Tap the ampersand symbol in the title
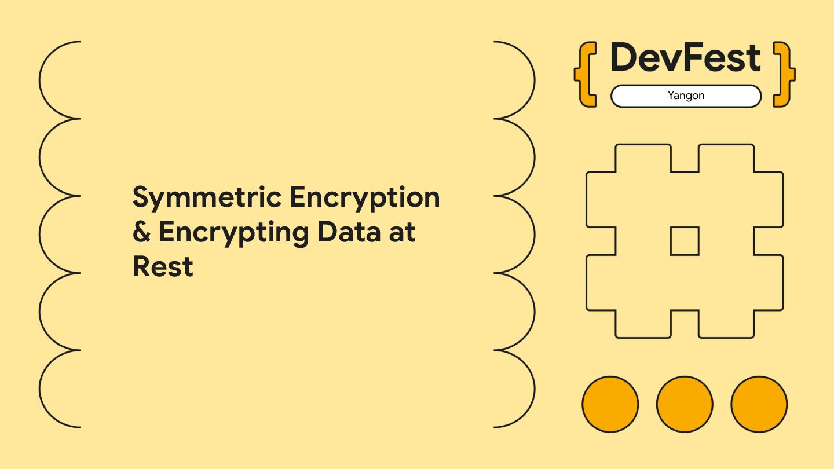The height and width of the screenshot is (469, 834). click(141, 233)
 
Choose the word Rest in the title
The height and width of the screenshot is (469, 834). click(163, 266)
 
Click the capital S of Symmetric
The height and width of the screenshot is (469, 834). click(141, 198)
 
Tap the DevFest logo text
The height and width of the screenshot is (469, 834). click(685, 58)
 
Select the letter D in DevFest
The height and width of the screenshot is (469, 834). click(624, 58)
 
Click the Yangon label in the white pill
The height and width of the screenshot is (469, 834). click(686, 96)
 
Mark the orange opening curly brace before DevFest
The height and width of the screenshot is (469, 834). click(585, 74)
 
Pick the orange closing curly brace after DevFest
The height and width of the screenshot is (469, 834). click(785, 74)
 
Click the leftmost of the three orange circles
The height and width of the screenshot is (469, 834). click(610, 404)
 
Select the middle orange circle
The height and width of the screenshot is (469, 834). click(685, 404)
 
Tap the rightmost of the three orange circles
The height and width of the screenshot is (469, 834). click(759, 404)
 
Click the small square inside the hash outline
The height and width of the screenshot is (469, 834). click(685, 241)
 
